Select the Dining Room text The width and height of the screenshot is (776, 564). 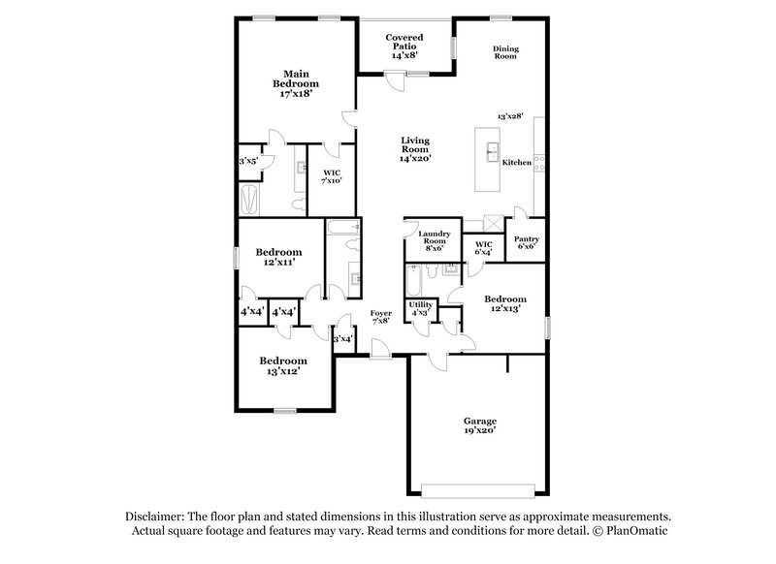coord(504,52)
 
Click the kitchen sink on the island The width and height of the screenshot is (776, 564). coord(492,152)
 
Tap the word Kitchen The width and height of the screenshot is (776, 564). coord(516,163)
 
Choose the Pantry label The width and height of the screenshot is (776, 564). coord(527,241)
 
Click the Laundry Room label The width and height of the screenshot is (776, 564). coord(432,241)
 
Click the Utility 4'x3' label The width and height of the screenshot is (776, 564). coord(421,309)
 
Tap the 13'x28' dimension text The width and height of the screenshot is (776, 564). coord(510,115)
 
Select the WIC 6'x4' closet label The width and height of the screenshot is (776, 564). coord(482,248)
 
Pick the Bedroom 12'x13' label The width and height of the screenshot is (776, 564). coord(505,303)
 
